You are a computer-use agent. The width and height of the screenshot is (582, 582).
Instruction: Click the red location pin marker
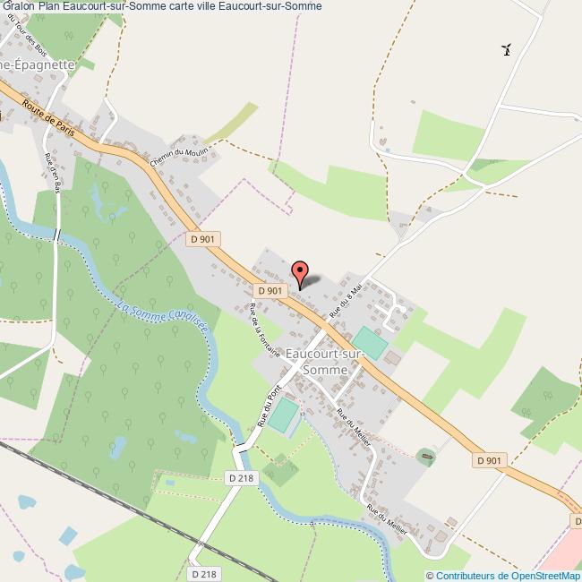(x=300, y=270)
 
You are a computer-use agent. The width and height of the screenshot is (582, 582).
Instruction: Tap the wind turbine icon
(x=507, y=49)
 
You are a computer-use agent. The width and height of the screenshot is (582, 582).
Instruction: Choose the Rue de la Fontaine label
(x=265, y=331)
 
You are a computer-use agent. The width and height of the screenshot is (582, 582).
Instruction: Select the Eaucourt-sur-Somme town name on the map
(x=324, y=362)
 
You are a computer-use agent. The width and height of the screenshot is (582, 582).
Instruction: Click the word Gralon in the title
(x=19, y=6)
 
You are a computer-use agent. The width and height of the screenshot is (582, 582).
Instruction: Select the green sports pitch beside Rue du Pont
(x=283, y=415)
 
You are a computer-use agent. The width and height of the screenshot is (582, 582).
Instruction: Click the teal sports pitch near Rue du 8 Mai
(x=370, y=341)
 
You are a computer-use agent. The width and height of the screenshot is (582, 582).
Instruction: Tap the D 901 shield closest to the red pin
(x=270, y=290)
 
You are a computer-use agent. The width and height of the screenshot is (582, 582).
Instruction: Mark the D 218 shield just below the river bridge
(x=242, y=478)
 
